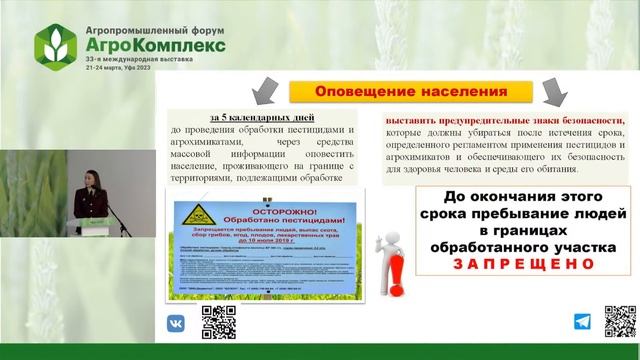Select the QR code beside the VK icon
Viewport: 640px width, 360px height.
point(215,320)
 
